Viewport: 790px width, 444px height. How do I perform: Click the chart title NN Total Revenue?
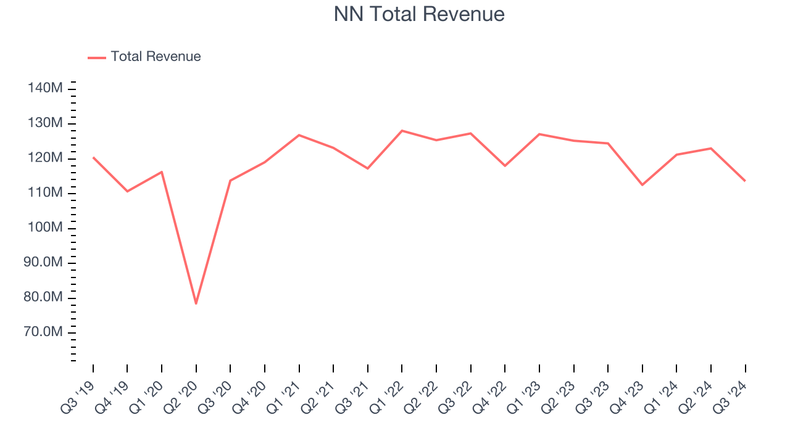pos(419,14)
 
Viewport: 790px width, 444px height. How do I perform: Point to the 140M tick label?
pos(45,89)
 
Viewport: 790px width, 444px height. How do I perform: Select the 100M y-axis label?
pos(45,228)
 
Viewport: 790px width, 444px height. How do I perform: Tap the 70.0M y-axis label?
pos(45,333)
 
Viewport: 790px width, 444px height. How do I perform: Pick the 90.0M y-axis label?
pos(45,263)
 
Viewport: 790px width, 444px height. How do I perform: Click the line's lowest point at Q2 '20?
pos(196,303)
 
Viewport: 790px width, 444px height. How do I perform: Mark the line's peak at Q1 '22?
pos(402,131)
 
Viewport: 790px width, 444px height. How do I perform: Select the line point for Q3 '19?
pos(93,157)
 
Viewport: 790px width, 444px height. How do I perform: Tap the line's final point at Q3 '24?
pos(745,181)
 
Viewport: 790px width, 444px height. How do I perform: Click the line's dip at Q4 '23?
pos(642,185)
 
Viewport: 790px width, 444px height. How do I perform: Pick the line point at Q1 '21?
pos(299,135)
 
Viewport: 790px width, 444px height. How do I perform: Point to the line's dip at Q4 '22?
pos(505,166)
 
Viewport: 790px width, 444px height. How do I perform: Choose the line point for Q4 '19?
pos(128,191)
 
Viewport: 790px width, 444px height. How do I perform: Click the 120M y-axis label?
pos(45,158)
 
